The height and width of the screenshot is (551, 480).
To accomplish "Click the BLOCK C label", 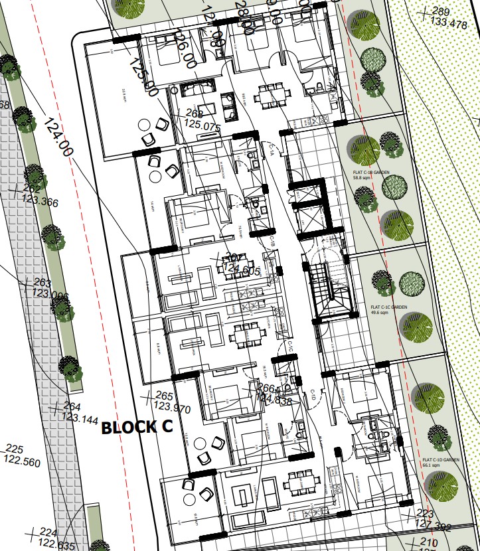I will (137, 427).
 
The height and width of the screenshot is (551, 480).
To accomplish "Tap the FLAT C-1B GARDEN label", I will (370, 171).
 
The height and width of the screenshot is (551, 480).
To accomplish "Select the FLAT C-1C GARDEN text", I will (388, 307).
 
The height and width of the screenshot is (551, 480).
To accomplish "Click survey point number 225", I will (14, 449).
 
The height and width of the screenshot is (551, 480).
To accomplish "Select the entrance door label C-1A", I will (272, 151).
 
